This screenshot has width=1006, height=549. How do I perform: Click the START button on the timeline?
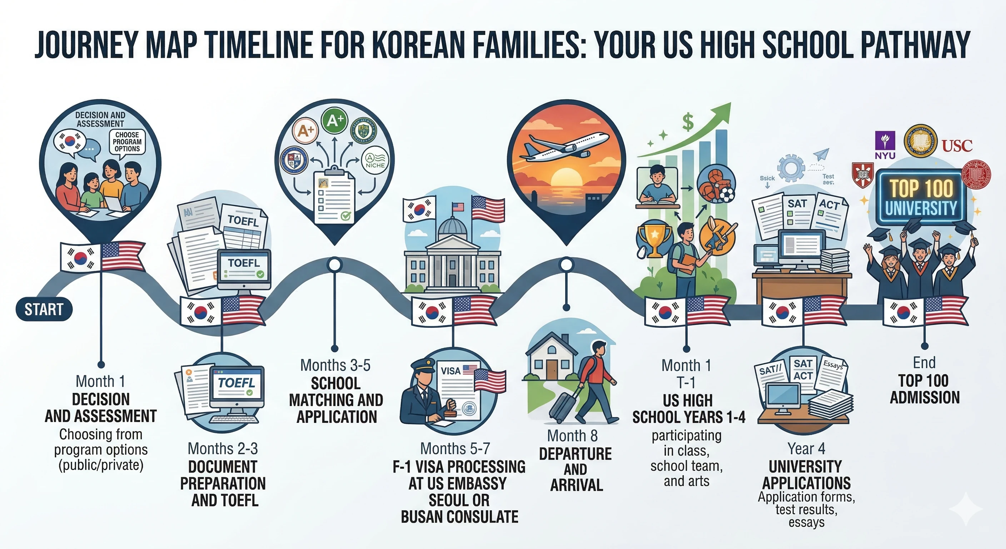[x=44, y=310]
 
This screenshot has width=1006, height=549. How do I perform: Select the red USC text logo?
[x=957, y=146]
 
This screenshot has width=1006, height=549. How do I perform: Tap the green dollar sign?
[x=688, y=122]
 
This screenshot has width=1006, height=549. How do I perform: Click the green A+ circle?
[x=335, y=122]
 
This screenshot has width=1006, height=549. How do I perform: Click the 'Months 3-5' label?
[x=335, y=365]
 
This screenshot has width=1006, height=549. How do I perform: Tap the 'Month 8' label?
[x=572, y=435]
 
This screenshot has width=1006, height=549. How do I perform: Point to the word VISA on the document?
[x=450, y=370]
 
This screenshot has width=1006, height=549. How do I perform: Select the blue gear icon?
[x=791, y=168]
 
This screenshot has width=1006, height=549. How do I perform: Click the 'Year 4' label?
[x=806, y=449]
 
